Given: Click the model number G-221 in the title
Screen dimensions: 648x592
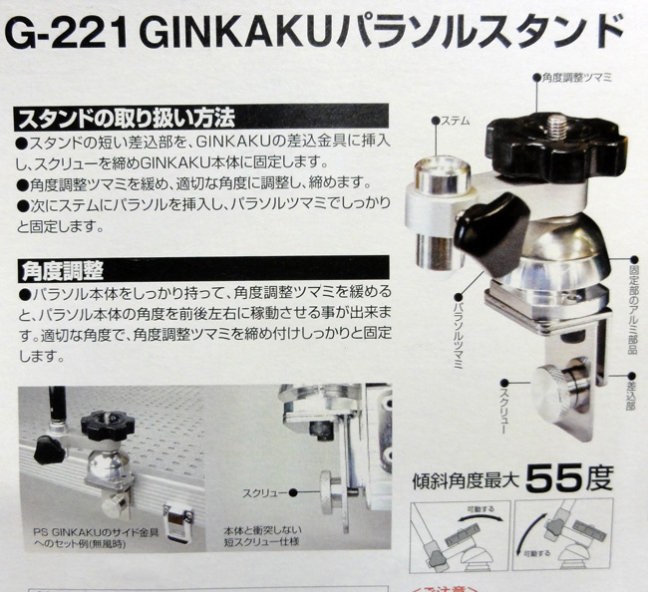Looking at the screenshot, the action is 67,34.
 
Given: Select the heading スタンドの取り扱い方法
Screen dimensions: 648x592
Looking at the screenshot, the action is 126,119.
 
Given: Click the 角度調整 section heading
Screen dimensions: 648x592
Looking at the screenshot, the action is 63,271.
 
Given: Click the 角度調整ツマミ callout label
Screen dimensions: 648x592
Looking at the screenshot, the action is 577,78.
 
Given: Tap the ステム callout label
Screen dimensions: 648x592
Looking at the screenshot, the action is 456,121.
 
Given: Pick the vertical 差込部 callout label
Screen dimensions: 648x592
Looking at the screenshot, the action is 631,397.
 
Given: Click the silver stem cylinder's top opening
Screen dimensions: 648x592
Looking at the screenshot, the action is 443,169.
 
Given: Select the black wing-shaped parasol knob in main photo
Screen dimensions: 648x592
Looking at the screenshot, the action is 491,233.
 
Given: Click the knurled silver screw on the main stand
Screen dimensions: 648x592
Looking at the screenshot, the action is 553,387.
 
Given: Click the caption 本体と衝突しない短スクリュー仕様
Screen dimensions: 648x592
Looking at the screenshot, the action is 262,536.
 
